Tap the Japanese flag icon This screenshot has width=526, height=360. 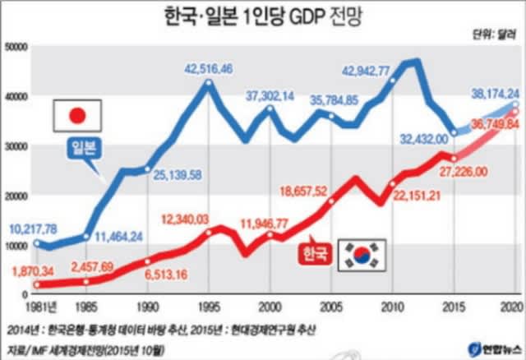[x=77, y=116]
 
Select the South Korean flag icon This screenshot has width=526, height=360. [x=362, y=255]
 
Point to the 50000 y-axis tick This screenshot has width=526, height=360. [x=16, y=47]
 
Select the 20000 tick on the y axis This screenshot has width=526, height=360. [x=16, y=195]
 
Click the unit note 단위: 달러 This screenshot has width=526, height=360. [x=495, y=35]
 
